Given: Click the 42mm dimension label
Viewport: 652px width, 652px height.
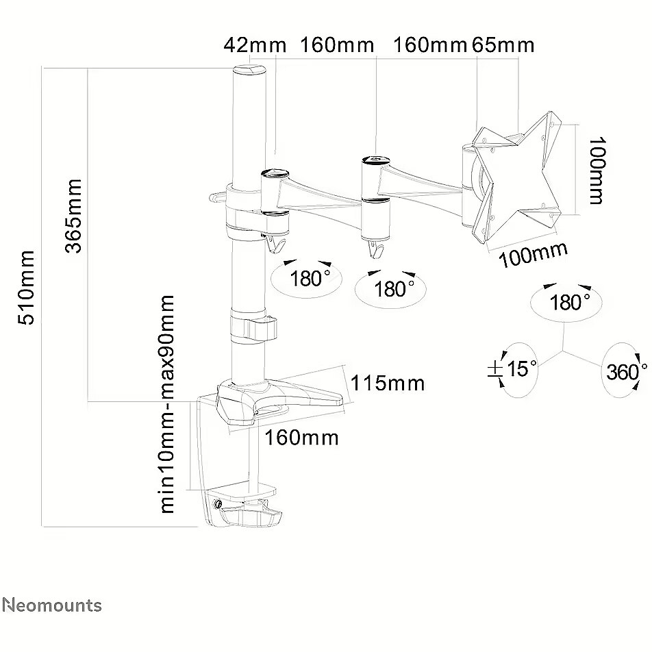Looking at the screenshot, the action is [x=255, y=45].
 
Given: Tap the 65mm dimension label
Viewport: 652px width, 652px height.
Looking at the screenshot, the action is [x=503, y=45].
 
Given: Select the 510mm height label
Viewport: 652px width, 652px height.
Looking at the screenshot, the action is [x=26, y=288].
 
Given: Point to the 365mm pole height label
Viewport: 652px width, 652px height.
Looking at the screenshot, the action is [x=73, y=216].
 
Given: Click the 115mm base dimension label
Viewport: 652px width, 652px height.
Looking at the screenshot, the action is [x=388, y=383].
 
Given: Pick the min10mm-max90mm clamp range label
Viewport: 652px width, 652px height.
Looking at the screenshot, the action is [x=167, y=404].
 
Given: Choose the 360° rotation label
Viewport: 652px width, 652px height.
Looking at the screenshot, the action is [x=626, y=371].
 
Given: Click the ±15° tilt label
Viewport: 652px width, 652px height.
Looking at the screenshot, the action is [x=513, y=368].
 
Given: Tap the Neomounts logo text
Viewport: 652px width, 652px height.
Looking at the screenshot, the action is [x=52, y=605].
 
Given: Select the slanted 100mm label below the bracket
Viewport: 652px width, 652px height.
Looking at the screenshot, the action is [x=533, y=254].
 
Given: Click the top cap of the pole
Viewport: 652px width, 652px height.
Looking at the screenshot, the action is [x=249, y=69].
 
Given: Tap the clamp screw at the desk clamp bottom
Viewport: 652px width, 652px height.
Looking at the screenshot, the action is [x=217, y=504].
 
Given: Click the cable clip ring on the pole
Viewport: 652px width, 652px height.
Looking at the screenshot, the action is [x=253, y=329].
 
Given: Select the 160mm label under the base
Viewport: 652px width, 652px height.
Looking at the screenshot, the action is [x=301, y=438].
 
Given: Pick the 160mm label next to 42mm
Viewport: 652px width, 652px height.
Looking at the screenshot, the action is [x=337, y=45].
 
